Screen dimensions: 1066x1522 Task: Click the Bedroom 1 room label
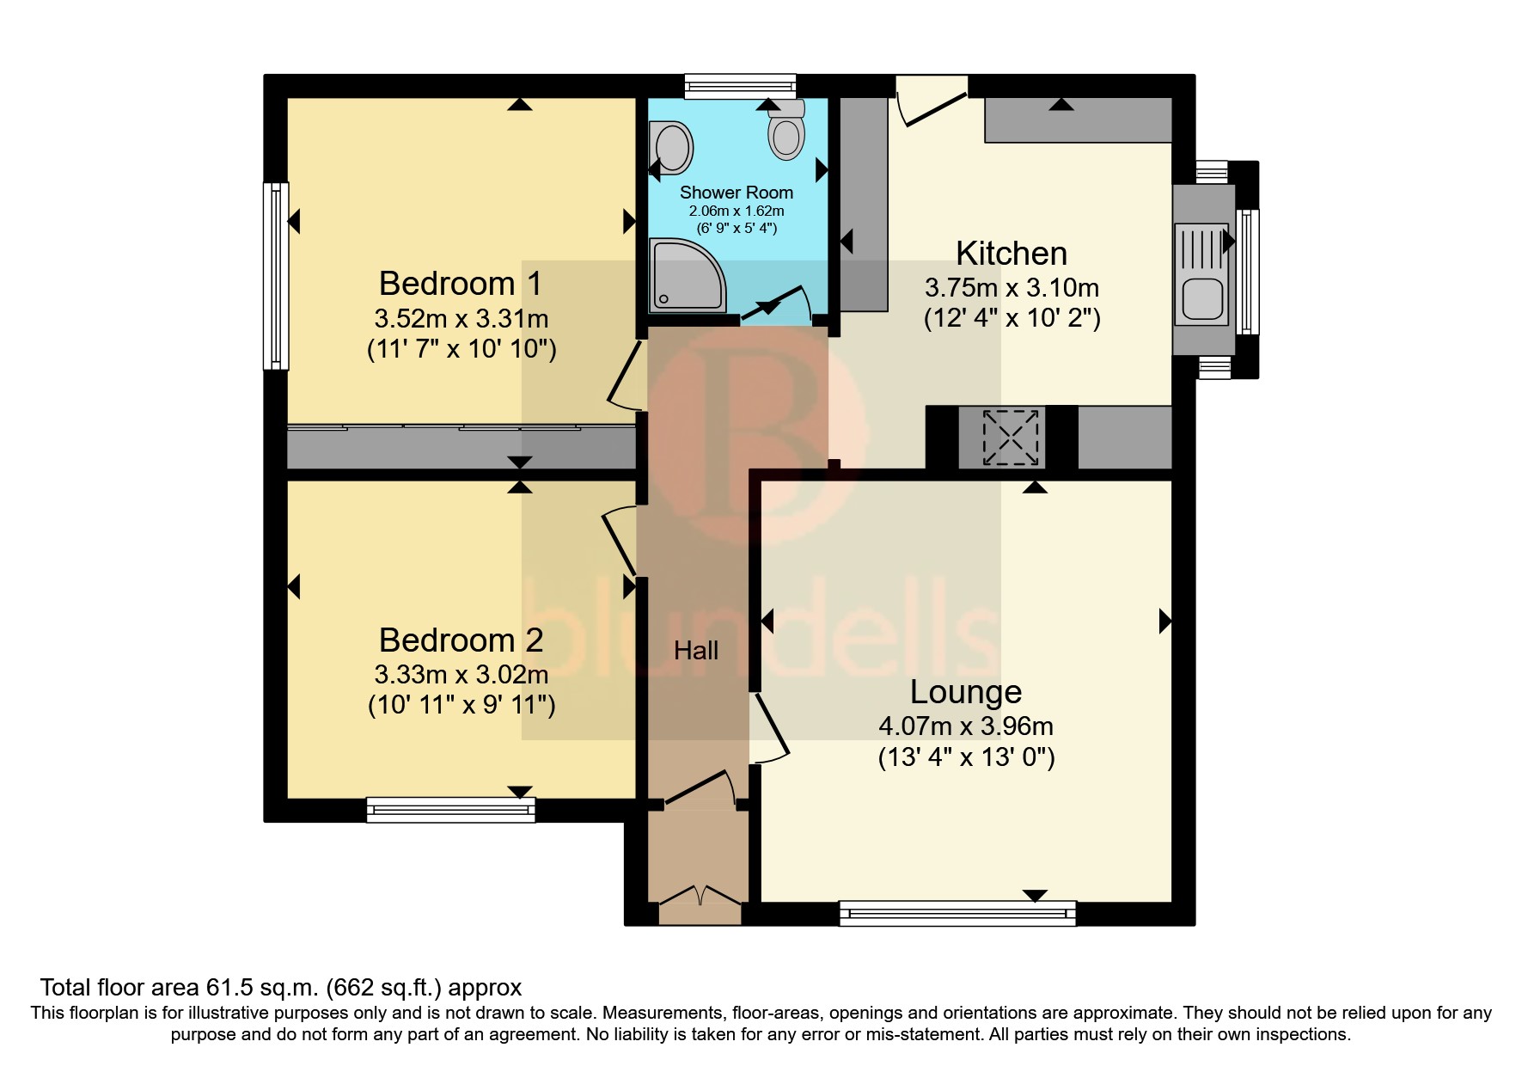tap(461, 283)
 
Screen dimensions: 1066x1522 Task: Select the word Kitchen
tap(1011, 254)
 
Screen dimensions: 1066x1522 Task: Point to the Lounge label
tap(965, 691)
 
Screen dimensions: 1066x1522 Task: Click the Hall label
tap(695, 651)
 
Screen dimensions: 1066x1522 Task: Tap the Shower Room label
tap(736, 193)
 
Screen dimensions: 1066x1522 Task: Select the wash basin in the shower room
tap(672, 147)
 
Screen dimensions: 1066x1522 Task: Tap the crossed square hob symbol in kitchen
tap(1011, 438)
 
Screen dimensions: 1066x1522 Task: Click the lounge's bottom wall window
tap(957, 912)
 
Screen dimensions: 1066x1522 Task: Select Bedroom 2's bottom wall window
tap(450, 809)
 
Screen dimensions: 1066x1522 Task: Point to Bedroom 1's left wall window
tap(276, 275)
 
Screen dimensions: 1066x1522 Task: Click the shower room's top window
tap(740, 86)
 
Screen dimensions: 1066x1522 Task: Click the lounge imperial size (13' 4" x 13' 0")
tap(966, 757)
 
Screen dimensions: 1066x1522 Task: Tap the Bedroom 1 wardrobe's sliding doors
tap(461, 427)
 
